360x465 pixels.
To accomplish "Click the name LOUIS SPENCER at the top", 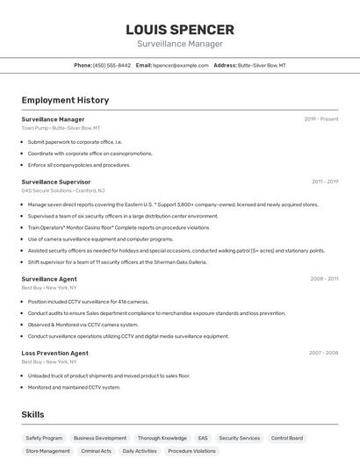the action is coord(180,29).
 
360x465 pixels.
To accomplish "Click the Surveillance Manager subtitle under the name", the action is coord(180,44).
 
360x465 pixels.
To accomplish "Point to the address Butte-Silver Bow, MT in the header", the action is coord(262,65).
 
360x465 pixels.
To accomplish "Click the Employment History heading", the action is coord(65,100).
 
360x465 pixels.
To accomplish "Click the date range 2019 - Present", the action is coord(320,119).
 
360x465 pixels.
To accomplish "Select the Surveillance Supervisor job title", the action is coord(56,182).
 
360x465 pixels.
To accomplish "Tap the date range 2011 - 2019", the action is coord(324,182).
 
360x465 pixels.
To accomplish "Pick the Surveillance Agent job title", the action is coord(49,278).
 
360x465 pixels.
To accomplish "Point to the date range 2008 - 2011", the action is coord(324,278).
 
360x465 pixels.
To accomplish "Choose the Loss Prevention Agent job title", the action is coord(54,353).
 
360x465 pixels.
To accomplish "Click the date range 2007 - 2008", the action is coord(323,353).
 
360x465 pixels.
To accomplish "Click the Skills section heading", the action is coord(32,414).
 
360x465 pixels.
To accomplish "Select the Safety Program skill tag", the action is coord(44,438).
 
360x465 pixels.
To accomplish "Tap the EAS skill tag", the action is coord(203,438).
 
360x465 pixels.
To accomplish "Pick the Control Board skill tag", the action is coord(287,438).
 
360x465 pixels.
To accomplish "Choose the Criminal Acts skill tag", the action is coord(96,451).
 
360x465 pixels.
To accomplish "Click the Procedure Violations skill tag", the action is coord(191,451).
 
